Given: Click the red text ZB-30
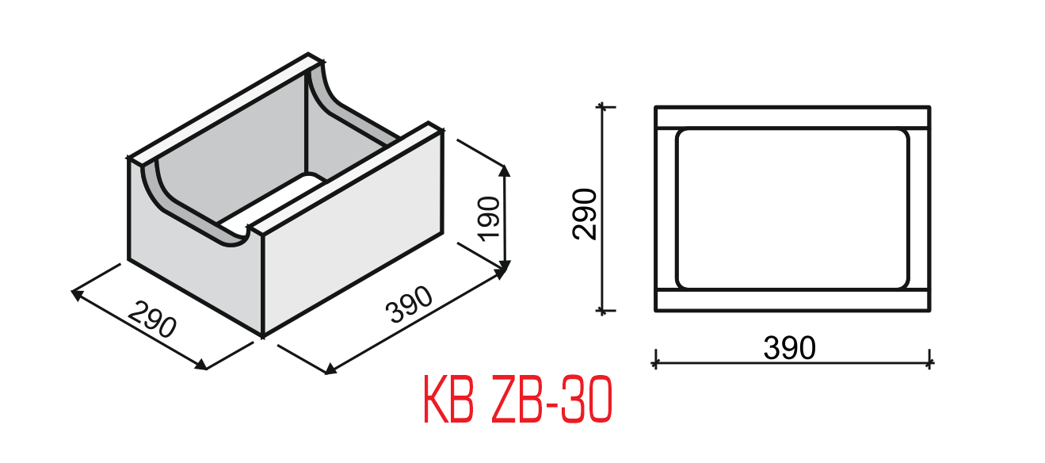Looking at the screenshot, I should coord(547,403).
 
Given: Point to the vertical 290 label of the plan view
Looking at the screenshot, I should coord(584,213).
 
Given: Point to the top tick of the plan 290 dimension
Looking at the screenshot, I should coord(605,106).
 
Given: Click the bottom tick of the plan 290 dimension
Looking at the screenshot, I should coord(605,310).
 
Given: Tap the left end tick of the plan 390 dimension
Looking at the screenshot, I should coord(655,362).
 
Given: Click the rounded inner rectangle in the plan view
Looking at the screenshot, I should coord(791,208).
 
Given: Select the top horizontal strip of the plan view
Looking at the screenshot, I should coord(791,117).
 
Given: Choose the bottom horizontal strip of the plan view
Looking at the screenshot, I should coord(791,300).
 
